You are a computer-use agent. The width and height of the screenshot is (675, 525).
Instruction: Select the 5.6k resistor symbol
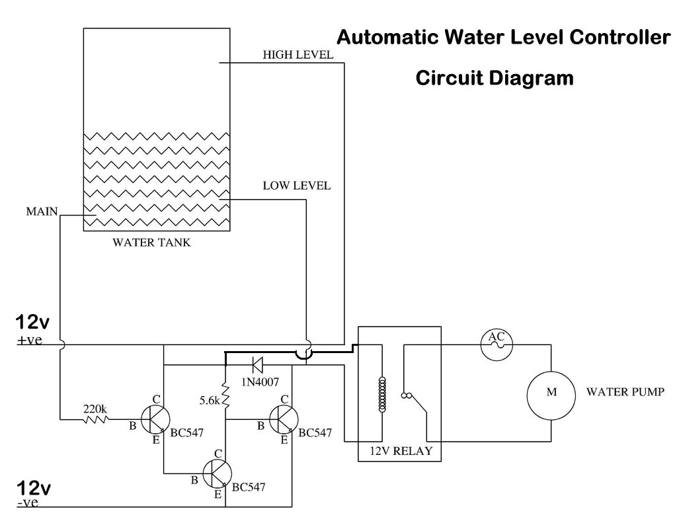tap(226, 398)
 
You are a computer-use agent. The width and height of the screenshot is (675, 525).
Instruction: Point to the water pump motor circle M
tap(551, 393)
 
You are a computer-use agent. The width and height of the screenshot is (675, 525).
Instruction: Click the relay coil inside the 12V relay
tap(381, 395)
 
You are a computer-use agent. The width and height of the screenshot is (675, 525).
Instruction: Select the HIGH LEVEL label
tap(298, 54)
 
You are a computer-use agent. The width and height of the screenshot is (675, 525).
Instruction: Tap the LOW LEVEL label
tap(296, 186)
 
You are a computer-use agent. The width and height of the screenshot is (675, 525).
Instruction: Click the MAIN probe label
tap(41, 212)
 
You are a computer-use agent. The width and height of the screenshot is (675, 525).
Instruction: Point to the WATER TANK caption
tap(151, 243)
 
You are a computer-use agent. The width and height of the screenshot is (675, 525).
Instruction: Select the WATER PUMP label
tap(625, 391)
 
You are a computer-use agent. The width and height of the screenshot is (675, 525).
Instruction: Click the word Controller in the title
tap(619, 36)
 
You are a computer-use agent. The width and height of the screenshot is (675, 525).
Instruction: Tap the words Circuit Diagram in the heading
tap(494, 78)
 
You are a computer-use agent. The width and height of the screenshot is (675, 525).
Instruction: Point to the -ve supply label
tap(28, 503)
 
